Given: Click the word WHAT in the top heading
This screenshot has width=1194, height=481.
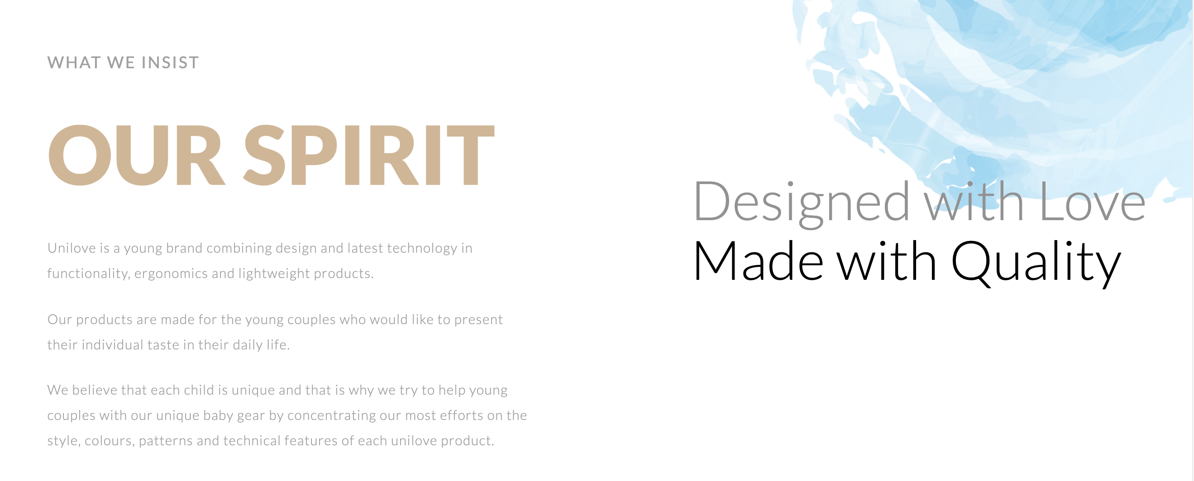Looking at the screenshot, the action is click(74, 62).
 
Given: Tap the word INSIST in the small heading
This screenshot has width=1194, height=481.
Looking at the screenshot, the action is click(170, 62).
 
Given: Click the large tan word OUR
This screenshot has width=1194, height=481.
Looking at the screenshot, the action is click(137, 155).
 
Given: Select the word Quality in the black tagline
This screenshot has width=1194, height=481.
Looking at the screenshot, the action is click(1036, 263).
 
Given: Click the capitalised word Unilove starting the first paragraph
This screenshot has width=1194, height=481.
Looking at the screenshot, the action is click(72, 248).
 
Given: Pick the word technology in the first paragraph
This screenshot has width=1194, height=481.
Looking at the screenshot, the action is click(422, 249).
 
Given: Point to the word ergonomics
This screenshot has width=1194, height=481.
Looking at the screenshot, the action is click(171, 274).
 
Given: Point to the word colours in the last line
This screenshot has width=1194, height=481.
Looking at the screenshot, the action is click(109, 441).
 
